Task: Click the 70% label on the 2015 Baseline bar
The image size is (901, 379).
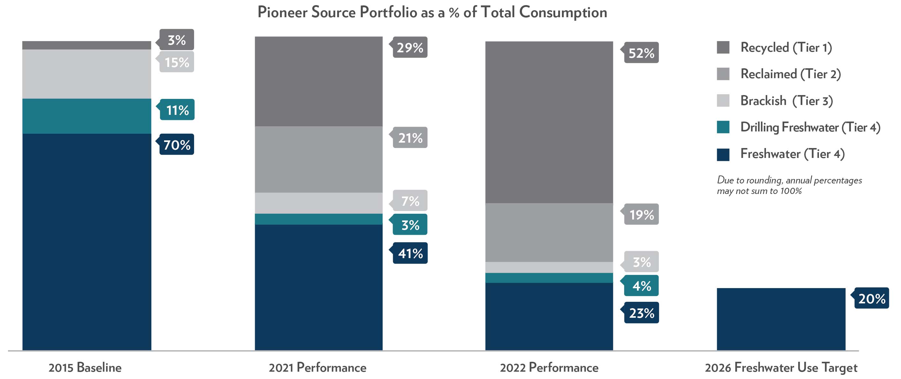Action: (177, 145)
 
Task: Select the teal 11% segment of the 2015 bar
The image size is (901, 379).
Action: (87, 116)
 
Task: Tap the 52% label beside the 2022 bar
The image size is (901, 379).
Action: (641, 53)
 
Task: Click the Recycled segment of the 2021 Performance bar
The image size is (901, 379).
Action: (318, 81)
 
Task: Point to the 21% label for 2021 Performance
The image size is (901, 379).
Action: (410, 138)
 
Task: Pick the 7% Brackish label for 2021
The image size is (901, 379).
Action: (410, 201)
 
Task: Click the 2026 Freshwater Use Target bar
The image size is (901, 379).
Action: (781, 319)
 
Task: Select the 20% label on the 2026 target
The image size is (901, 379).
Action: (871, 298)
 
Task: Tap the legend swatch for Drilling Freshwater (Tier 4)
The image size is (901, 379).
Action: (723, 127)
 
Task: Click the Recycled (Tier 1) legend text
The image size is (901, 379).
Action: (786, 48)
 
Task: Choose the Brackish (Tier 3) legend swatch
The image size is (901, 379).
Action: (723, 100)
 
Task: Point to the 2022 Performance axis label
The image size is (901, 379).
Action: (549, 368)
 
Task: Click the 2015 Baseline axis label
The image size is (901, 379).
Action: (85, 368)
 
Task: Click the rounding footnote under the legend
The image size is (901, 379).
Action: (789, 185)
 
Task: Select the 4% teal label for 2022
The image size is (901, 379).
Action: (641, 286)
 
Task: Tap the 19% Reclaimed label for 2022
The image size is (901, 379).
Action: (641, 214)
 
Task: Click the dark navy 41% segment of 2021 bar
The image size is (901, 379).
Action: (318, 287)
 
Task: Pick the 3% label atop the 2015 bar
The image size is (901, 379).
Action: (177, 40)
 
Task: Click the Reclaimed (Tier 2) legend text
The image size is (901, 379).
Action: (791, 74)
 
